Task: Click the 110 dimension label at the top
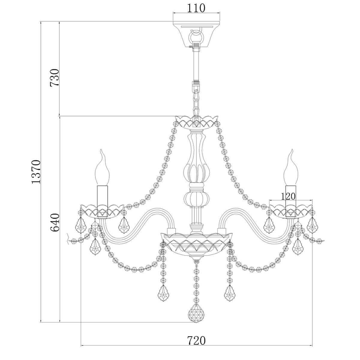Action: pyautogui.click(x=196, y=8)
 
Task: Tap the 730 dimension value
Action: pyautogui.click(x=55, y=77)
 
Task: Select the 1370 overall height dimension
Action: pyautogui.click(x=36, y=172)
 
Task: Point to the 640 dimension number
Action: pyautogui.click(x=55, y=223)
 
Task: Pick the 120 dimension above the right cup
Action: pyautogui.click(x=288, y=196)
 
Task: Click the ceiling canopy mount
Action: pyautogui.click(x=196, y=35)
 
